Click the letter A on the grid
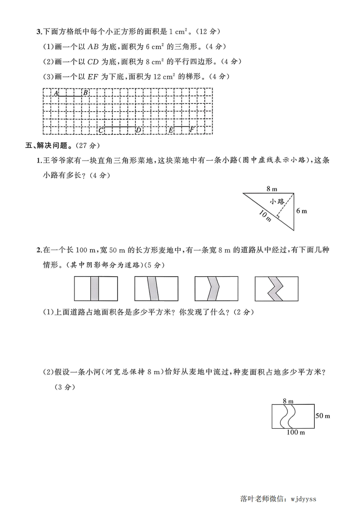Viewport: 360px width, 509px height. point(56,93)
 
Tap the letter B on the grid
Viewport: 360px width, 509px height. point(85,93)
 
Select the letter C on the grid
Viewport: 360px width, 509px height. point(100,131)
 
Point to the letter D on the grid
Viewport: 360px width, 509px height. point(138,131)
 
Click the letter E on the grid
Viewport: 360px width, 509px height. point(171,131)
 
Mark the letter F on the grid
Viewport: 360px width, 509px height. point(192,130)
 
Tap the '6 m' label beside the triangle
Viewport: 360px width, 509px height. point(301,211)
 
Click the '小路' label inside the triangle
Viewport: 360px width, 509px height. point(276,201)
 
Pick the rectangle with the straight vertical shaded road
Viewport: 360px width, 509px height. point(95,289)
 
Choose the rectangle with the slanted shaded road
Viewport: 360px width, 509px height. point(156,289)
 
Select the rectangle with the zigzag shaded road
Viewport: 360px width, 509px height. point(276,289)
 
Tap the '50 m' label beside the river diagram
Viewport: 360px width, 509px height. point(322,416)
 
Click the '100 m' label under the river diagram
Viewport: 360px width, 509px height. point(296,432)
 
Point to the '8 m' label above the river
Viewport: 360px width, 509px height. point(288,401)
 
